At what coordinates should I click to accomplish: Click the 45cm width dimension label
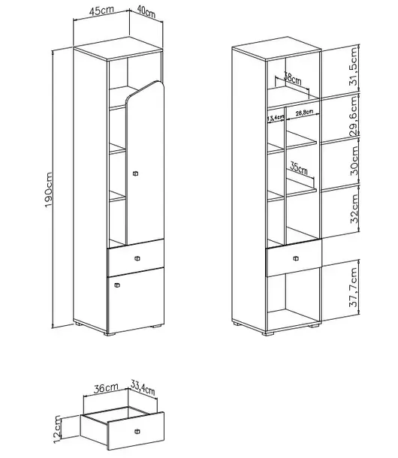click(x=101, y=11)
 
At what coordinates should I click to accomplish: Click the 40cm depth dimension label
click(x=146, y=12)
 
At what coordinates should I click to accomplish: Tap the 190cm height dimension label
click(x=49, y=190)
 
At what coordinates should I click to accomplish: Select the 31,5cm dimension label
click(x=353, y=66)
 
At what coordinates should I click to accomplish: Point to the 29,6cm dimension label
click(x=353, y=116)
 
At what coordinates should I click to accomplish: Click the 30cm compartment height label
click(x=354, y=161)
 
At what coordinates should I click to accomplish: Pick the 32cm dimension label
click(x=354, y=209)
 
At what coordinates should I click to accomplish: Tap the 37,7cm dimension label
click(x=354, y=287)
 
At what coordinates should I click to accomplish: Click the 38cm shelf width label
click(x=293, y=78)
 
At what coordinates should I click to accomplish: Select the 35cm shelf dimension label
click(x=299, y=168)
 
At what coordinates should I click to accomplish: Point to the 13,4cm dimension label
click(x=276, y=118)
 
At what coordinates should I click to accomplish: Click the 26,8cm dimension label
click(x=304, y=113)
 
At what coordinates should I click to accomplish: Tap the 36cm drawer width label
click(x=106, y=388)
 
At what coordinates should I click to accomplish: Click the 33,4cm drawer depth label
click(x=143, y=387)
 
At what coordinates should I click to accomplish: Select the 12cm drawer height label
click(x=56, y=429)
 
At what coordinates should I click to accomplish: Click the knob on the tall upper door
click(x=135, y=173)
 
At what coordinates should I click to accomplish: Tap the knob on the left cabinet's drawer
click(x=137, y=258)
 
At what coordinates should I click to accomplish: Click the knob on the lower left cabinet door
click(x=117, y=285)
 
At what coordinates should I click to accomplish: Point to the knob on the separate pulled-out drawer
click(x=137, y=432)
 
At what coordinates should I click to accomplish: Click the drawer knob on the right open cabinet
click(x=296, y=258)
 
